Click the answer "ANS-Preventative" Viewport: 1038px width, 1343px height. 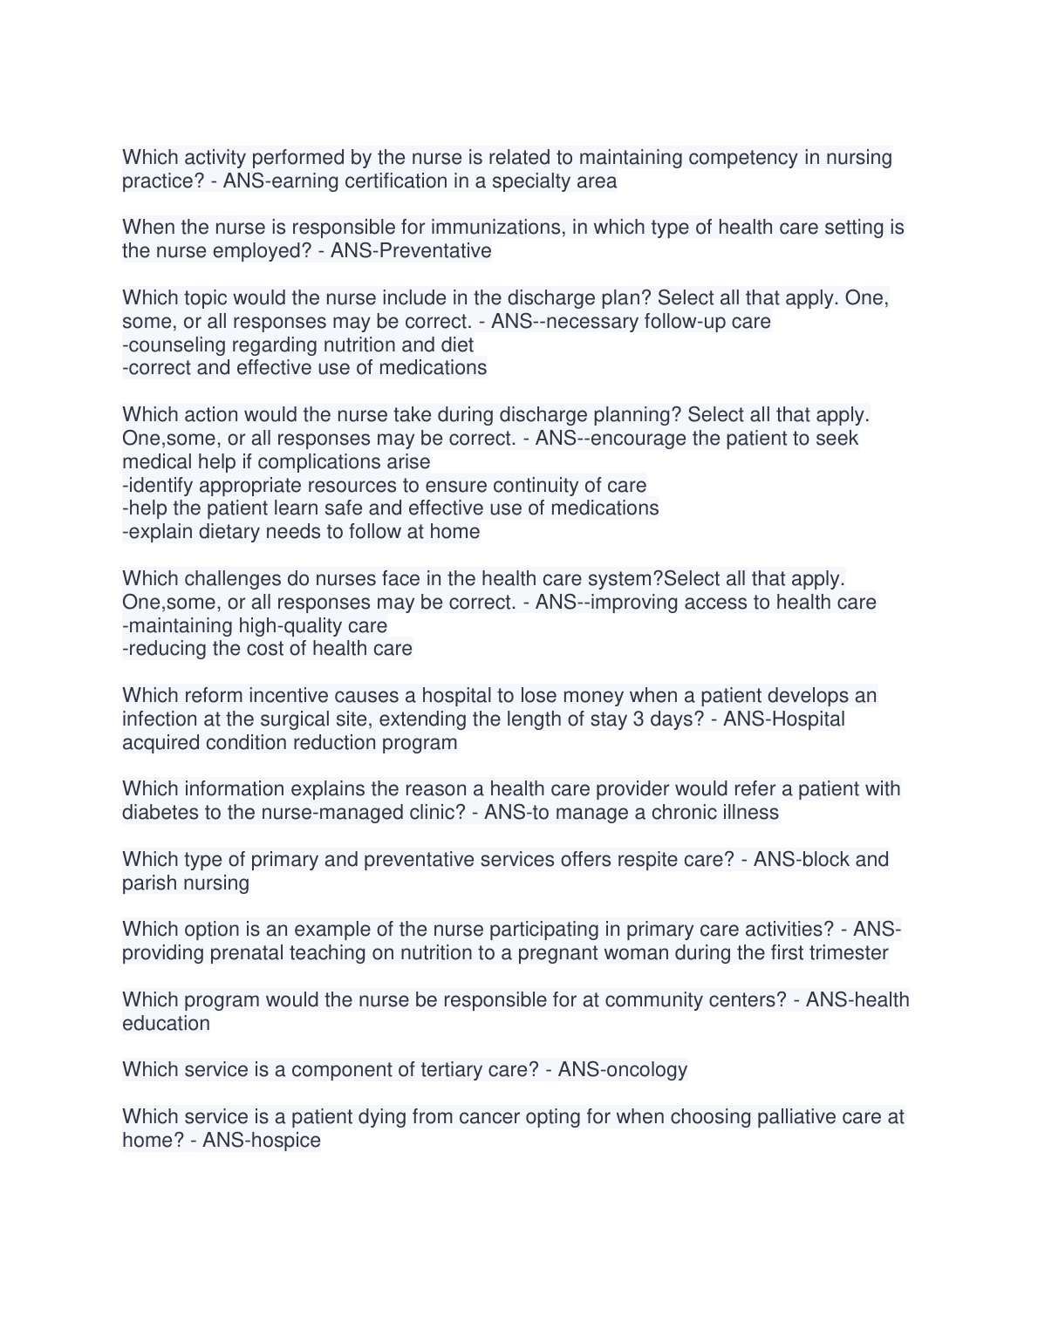[x=411, y=251]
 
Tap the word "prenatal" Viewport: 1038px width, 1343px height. [x=246, y=953]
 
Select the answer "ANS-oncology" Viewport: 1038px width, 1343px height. [x=623, y=1070]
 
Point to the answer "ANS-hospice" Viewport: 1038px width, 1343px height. [x=262, y=1141]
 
